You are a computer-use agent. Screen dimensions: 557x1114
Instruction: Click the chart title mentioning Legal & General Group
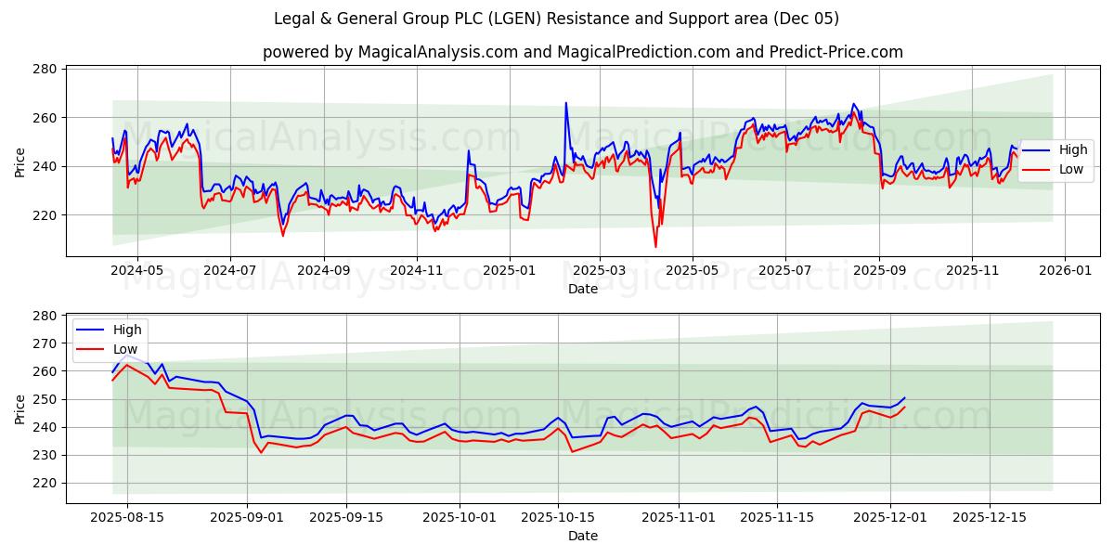pos(556,19)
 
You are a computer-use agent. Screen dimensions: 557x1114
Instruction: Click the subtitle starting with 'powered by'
pos(582,52)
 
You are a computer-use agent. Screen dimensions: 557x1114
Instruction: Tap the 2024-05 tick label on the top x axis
pos(136,271)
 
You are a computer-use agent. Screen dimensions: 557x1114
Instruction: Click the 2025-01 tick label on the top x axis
pos(509,271)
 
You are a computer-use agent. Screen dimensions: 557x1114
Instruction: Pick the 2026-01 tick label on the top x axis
pos(1064,271)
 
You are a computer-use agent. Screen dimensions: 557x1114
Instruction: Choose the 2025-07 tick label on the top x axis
pos(785,271)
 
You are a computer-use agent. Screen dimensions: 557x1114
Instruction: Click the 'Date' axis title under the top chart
pos(582,289)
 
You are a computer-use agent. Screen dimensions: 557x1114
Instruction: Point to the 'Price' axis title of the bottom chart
pos(20,408)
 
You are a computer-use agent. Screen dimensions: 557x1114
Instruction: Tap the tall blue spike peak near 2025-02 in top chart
pos(565,103)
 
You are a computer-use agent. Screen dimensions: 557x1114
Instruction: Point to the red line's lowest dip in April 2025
pos(655,246)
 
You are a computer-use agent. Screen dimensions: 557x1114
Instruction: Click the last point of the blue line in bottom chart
pos(904,397)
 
